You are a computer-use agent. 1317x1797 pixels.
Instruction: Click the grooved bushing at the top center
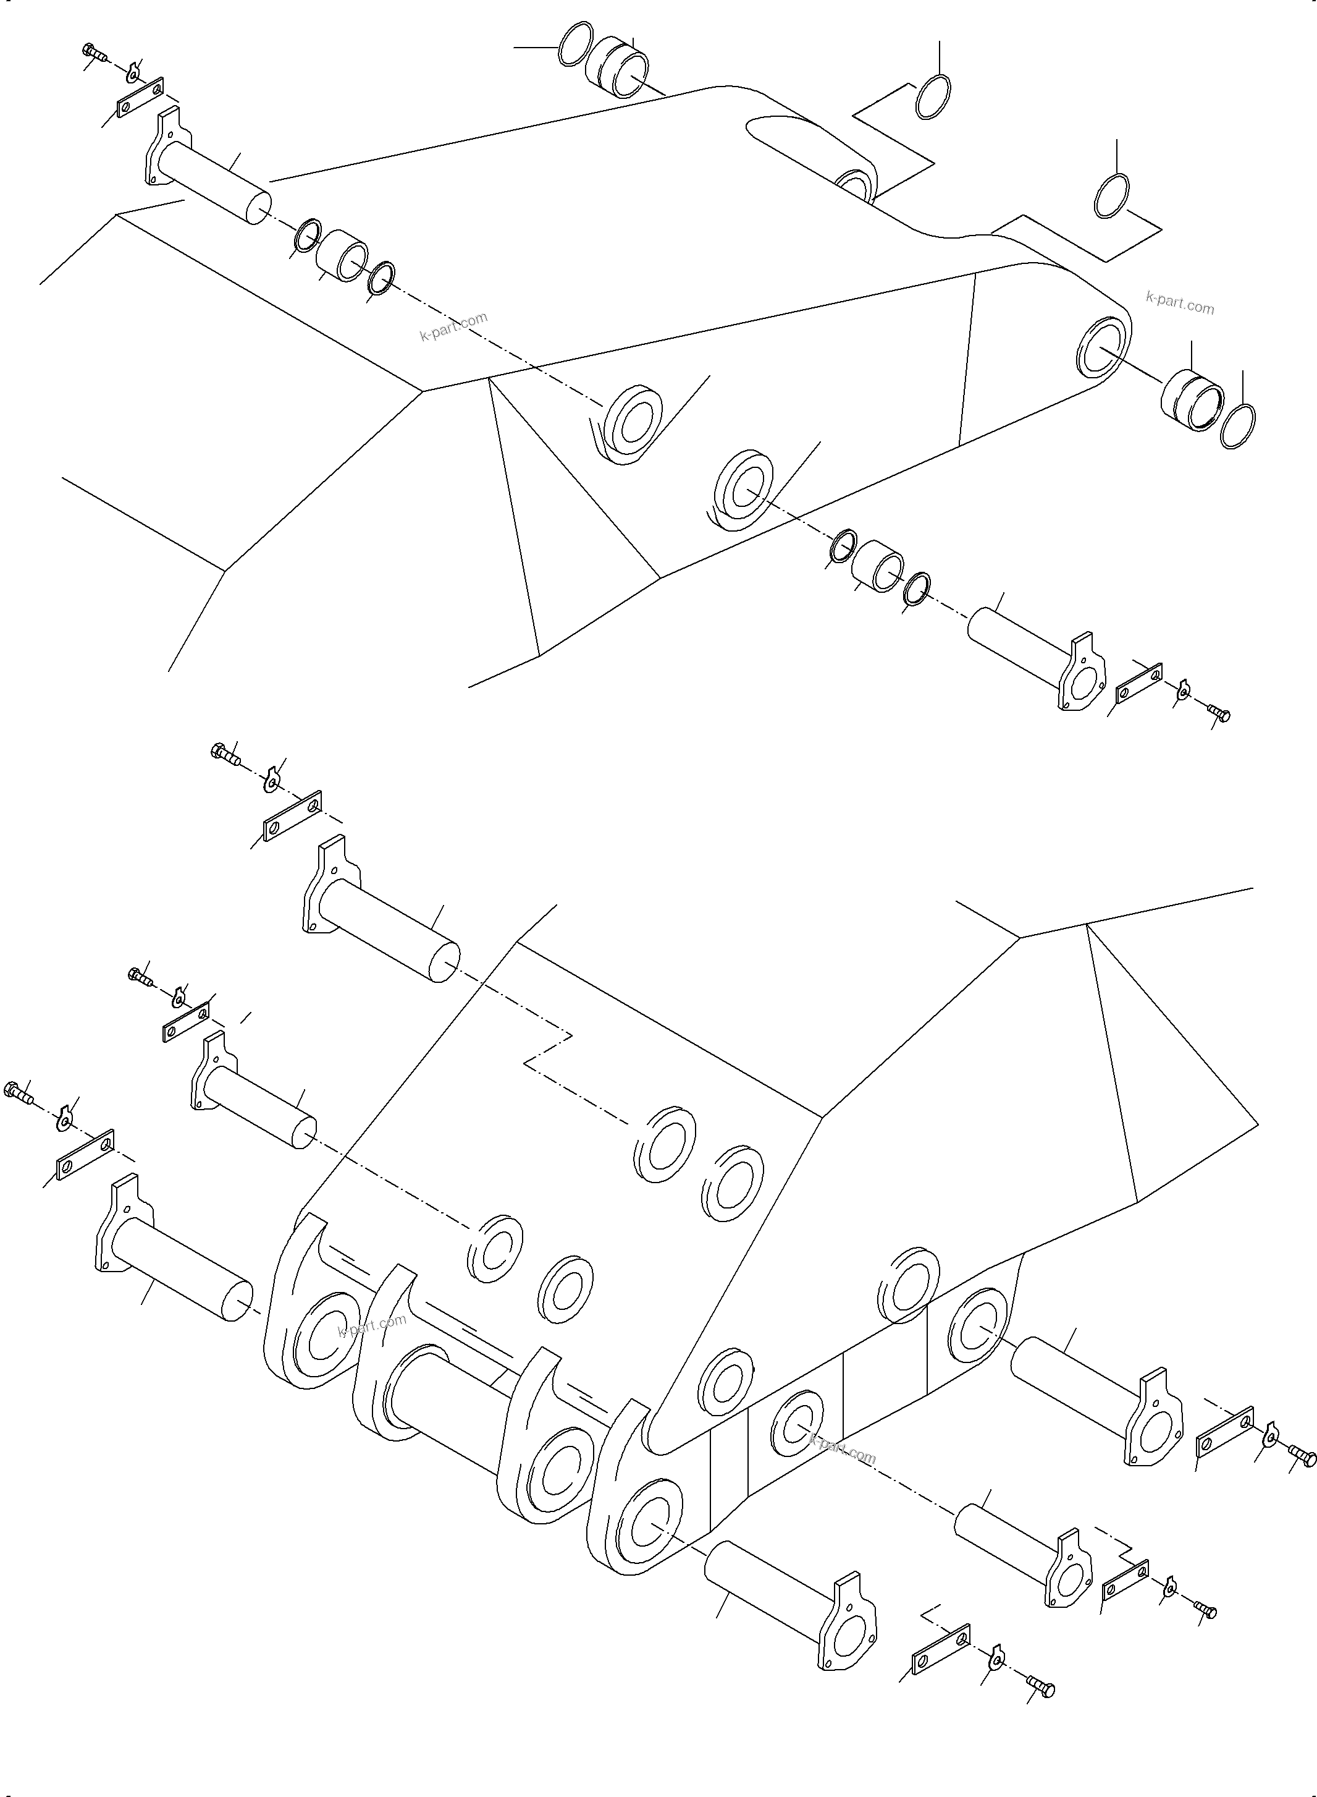(617, 67)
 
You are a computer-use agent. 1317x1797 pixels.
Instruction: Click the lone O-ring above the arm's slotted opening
(933, 97)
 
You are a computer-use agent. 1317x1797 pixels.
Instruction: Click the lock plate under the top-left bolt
(140, 97)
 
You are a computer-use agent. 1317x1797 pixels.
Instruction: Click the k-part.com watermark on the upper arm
(453, 326)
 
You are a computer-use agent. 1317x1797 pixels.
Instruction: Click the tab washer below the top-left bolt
(134, 74)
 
